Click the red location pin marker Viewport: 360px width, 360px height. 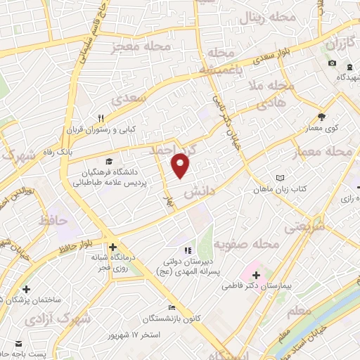point(181,165)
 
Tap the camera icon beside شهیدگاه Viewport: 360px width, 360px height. point(332,64)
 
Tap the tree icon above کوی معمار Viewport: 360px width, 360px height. point(322,117)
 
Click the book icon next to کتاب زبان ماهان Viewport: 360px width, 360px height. point(281,178)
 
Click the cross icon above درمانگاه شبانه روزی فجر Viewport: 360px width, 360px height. point(113,247)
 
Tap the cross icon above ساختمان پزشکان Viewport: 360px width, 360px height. point(26,288)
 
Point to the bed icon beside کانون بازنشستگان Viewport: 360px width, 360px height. point(172,307)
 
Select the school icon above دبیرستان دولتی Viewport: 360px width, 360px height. point(187,250)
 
